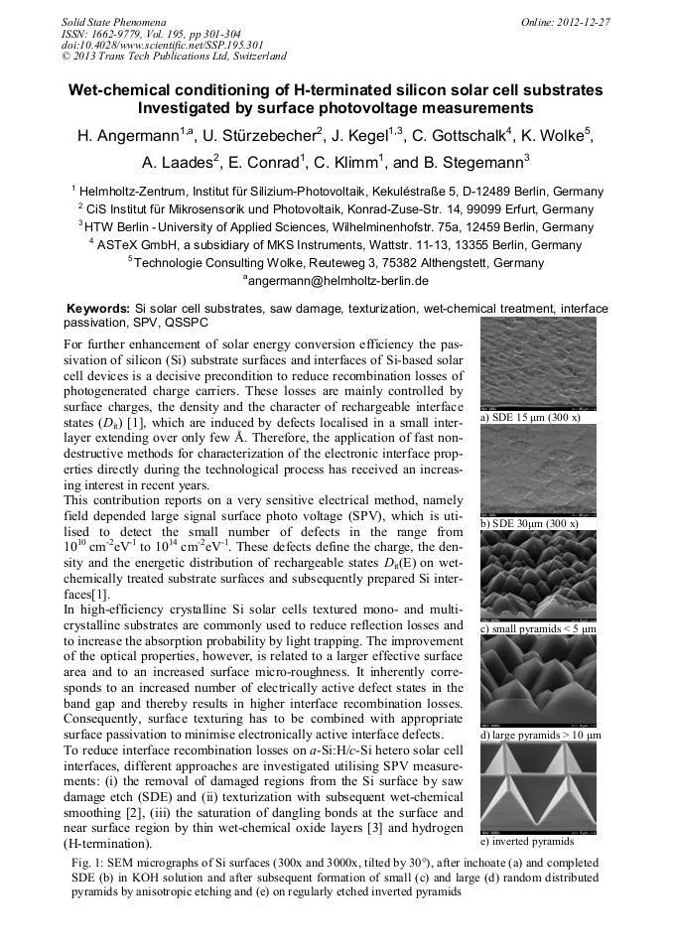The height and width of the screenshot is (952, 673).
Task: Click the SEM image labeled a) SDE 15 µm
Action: (537, 363)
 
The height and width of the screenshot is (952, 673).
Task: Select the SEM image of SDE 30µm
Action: (537, 471)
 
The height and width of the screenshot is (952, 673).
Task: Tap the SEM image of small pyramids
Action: (537, 576)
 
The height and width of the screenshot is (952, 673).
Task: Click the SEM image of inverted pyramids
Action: (537, 787)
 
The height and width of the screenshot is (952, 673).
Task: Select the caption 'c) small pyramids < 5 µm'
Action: (537, 629)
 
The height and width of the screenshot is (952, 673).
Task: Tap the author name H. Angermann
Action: (130, 137)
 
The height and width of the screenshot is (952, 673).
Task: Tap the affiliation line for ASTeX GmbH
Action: (336, 245)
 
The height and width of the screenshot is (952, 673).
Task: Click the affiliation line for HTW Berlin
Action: (336, 227)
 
